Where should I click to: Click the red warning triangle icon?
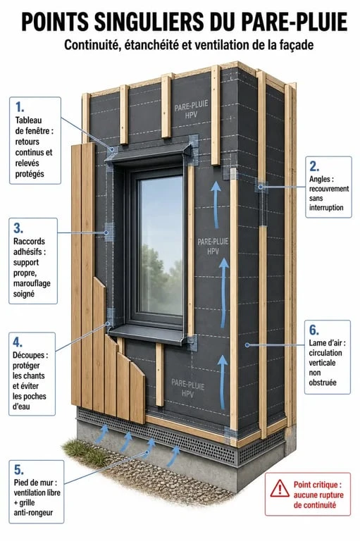(x=280, y=489)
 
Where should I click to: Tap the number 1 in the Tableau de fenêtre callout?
(x=20, y=107)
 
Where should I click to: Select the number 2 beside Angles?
(x=314, y=166)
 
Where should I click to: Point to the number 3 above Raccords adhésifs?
(x=18, y=228)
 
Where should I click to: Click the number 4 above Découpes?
(x=18, y=342)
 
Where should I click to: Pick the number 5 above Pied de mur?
(x=18, y=470)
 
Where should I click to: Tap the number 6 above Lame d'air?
(x=314, y=330)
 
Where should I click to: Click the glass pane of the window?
(x=161, y=245)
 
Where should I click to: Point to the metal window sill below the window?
(x=149, y=334)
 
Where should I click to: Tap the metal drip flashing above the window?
(x=149, y=152)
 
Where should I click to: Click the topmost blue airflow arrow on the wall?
(x=216, y=205)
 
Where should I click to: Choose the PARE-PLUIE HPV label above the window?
(x=191, y=110)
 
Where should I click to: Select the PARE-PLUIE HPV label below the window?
(x=188, y=388)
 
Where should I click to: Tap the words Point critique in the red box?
(x=318, y=485)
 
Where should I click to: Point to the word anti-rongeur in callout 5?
(x=34, y=513)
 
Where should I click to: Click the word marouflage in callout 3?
(x=32, y=284)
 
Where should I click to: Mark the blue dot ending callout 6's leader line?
(x=247, y=344)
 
